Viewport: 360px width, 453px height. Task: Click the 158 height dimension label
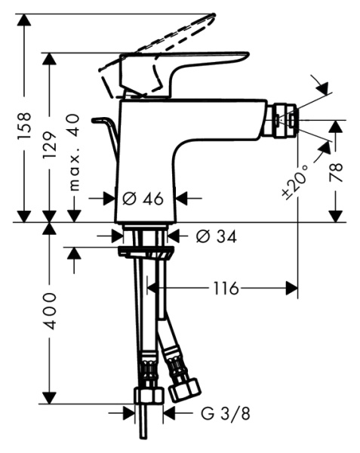coord(26,121)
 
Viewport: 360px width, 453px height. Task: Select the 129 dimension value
coord(50,141)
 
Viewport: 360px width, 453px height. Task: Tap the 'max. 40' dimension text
coord(75,154)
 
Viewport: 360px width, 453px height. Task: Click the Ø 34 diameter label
coord(216,237)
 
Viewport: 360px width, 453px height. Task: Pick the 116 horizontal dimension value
coord(225,288)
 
